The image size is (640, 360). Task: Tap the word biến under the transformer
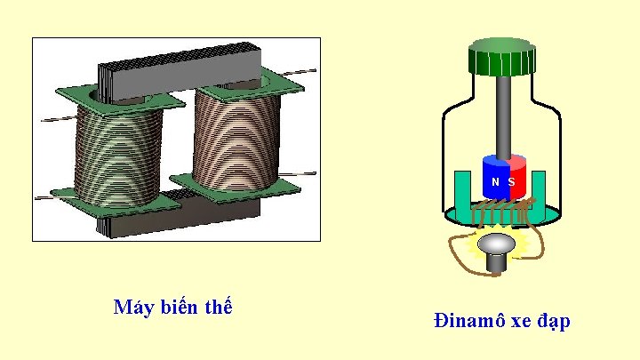pos(181,308)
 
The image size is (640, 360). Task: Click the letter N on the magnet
pos(495,181)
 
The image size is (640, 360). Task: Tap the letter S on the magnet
pos(512,181)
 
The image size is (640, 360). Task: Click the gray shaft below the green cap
pos(504,116)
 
